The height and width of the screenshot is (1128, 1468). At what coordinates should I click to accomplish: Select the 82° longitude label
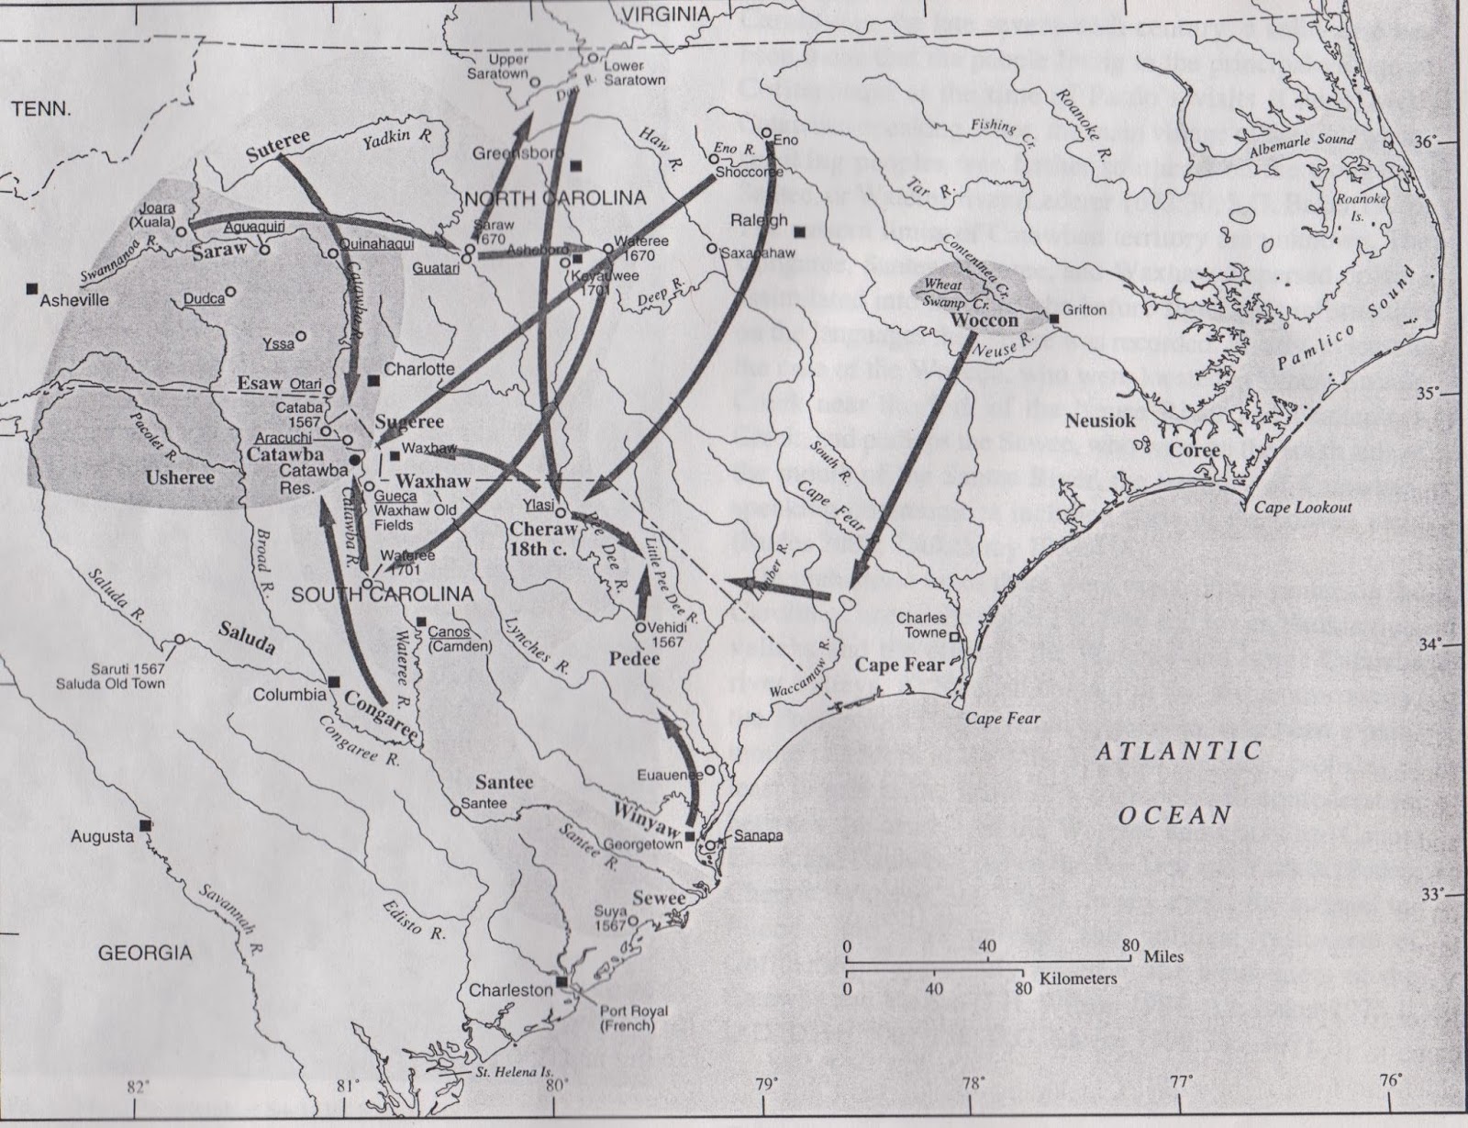point(138,1087)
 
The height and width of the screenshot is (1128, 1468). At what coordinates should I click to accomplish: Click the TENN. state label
point(40,109)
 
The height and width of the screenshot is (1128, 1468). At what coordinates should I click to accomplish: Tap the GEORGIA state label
point(145,953)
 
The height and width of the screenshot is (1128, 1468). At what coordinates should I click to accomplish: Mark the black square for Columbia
point(335,681)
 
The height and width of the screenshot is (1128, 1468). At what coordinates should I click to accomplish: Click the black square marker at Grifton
point(1055,318)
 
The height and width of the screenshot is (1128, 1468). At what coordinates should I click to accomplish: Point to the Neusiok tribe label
point(1100,420)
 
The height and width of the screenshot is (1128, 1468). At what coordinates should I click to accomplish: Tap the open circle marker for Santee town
point(455,811)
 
